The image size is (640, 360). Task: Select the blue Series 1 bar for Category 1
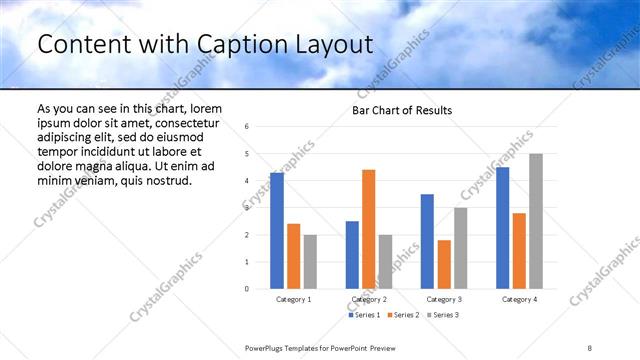coord(277,230)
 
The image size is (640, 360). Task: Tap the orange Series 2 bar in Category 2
coord(369,229)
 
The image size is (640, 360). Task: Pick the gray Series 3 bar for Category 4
coord(536,221)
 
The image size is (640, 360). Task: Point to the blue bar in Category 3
coord(427,241)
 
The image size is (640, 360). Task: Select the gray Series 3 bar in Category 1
coord(310,261)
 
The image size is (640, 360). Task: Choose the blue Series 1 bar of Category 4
coord(502,227)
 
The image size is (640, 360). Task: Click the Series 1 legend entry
coord(365,315)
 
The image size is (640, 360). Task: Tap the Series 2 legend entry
coord(402,315)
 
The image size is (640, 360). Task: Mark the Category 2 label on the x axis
coord(369,299)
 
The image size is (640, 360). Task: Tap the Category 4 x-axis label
coord(519,299)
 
